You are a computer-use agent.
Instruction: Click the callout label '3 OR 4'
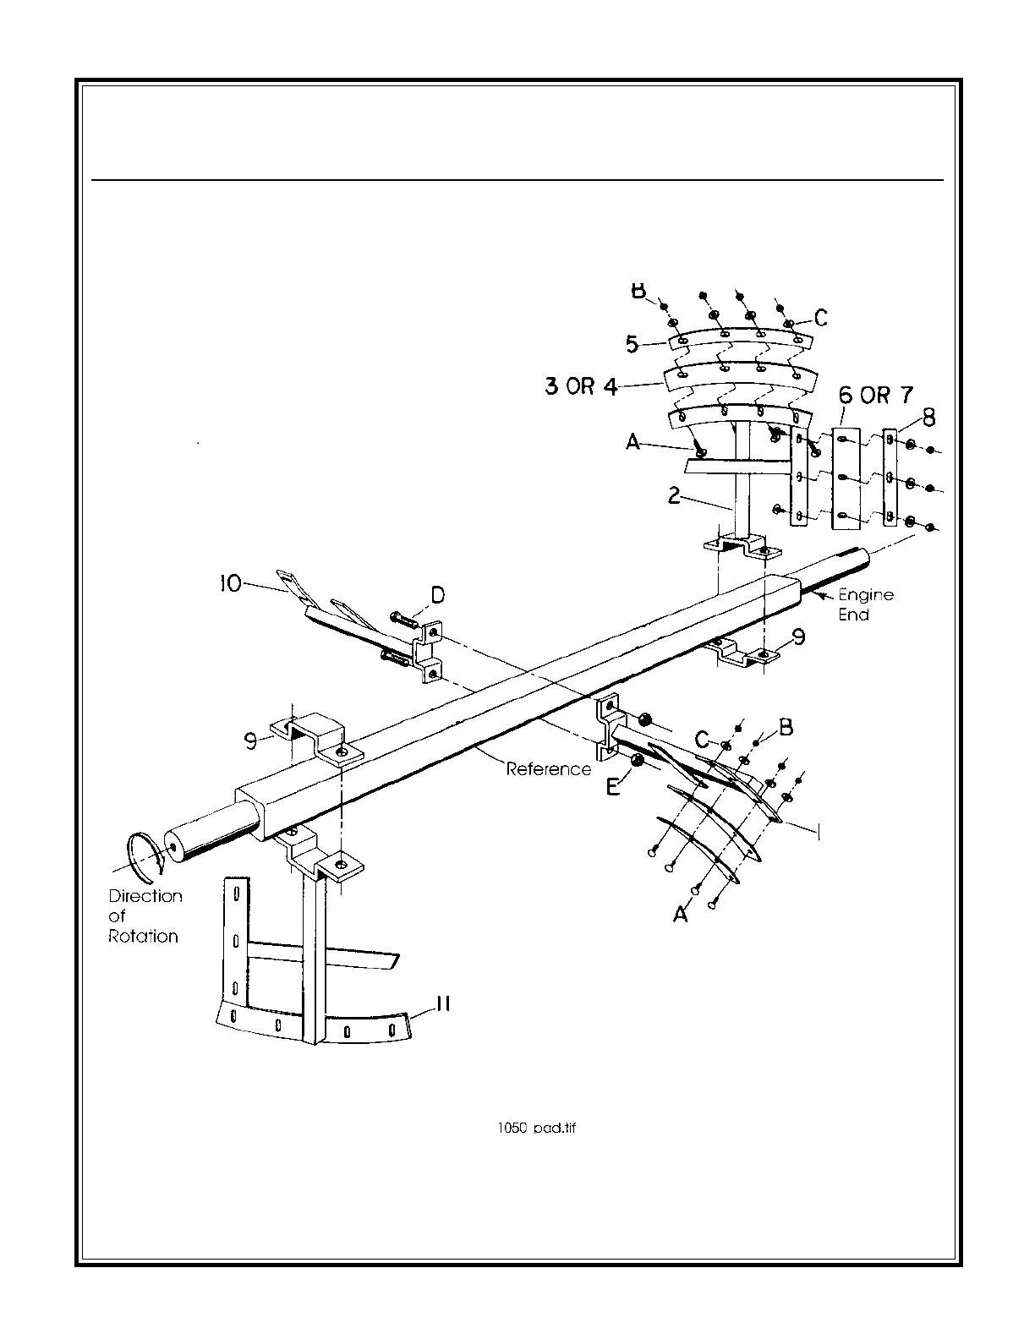coord(581,387)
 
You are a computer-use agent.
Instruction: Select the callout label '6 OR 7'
coord(875,395)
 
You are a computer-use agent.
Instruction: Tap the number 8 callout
coord(928,418)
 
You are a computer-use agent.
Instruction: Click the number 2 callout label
coord(674,495)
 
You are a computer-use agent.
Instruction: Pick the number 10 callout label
coord(229,583)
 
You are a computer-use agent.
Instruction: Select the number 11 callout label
coord(441,1003)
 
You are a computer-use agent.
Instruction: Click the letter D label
coord(437,596)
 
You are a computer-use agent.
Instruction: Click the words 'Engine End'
coord(865,604)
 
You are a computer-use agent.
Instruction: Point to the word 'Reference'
coord(548,769)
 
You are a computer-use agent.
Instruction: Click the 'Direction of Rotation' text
coord(145,916)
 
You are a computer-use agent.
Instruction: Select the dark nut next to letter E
coord(637,761)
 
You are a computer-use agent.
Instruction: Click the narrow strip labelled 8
coord(890,478)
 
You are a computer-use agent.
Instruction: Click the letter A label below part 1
coord(681,913)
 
